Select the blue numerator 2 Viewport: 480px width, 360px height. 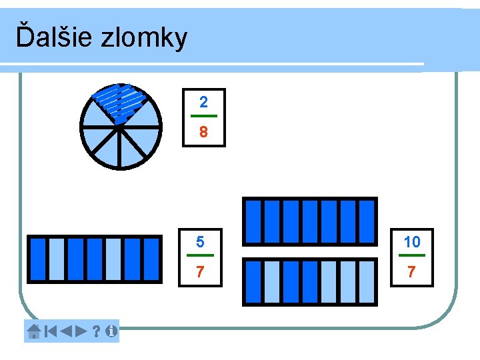203,102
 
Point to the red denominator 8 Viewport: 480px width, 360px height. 203,133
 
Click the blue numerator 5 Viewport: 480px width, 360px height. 200,241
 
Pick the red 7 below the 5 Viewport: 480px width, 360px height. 200,273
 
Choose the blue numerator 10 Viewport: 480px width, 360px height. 412,241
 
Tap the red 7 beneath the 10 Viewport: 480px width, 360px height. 412,273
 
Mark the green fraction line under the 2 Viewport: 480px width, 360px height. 203,117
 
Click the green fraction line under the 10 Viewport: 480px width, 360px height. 412,255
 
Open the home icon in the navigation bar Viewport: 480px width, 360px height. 34,331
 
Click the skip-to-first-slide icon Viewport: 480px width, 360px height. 50,331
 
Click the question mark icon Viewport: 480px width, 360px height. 96,331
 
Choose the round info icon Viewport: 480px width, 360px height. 110,331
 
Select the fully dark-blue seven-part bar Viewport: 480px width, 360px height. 310,221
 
